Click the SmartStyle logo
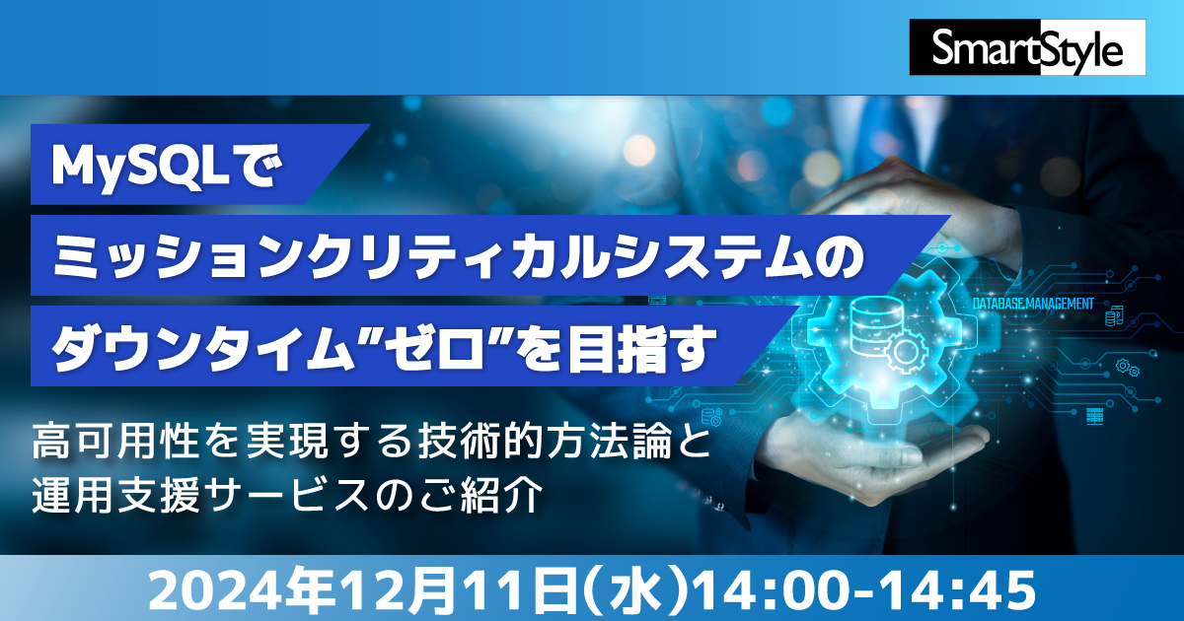pos(1027,47)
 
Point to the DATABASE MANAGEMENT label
pos(1033,304)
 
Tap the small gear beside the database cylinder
pos(906,349)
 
